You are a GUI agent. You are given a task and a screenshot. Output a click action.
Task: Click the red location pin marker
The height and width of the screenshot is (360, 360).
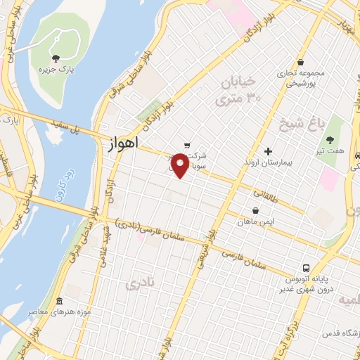[x=181, y=165]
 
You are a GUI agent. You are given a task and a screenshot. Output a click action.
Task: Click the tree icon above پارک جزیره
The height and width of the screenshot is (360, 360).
[x=57, y=58]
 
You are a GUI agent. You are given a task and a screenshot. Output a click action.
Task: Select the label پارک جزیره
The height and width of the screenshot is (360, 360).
[x=57, y=71]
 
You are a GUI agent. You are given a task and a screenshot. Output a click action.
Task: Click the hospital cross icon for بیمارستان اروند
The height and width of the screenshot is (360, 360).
[x=267, y=151]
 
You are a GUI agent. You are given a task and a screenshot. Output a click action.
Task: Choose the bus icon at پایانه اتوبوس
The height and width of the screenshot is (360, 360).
[x=306, y=268]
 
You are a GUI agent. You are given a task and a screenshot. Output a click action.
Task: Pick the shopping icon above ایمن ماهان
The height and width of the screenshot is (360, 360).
[x=255, y=210]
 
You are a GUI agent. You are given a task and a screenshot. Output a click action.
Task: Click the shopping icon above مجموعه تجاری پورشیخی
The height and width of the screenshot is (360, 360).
[x=300, y=61]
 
